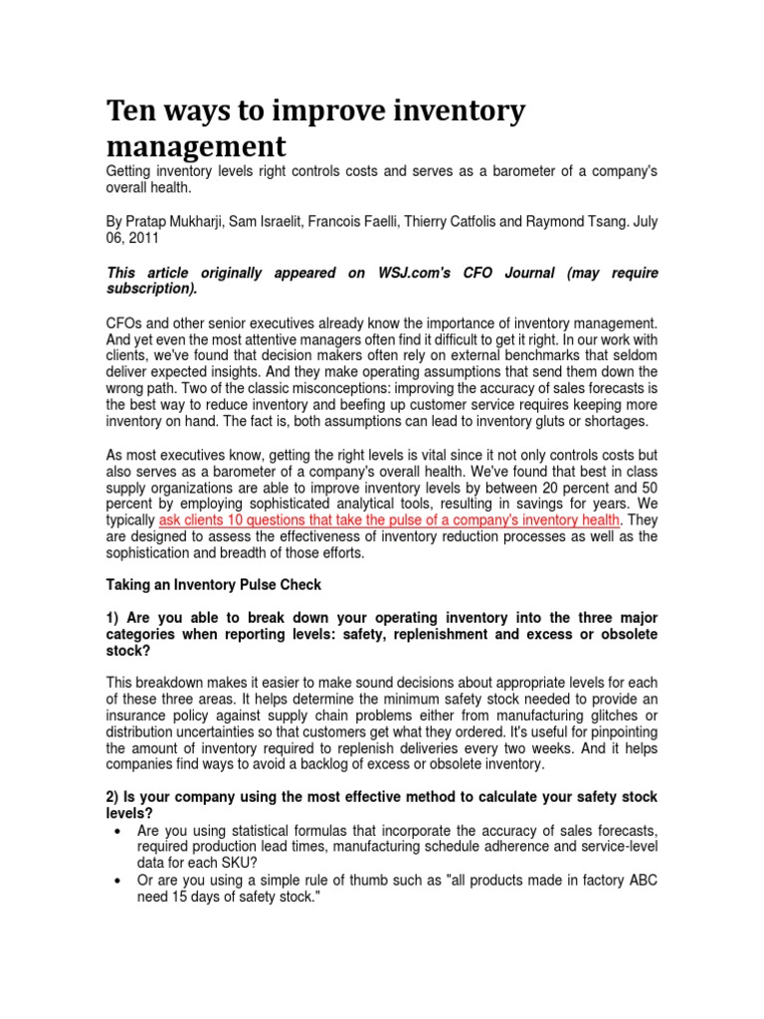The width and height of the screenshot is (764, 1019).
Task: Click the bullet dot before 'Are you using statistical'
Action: coord(119,830)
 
